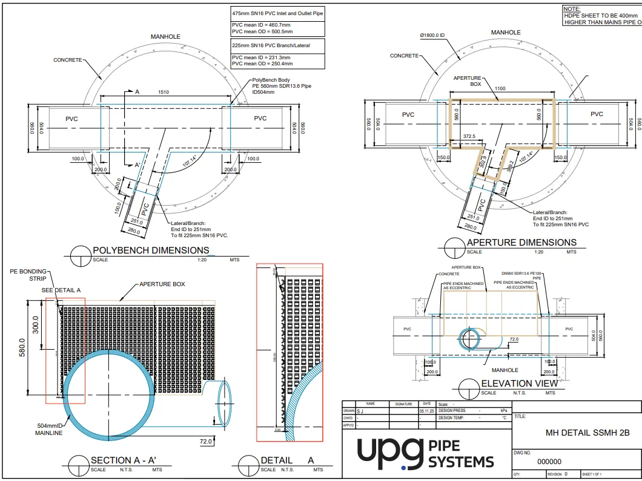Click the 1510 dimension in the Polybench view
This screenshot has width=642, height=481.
[x=164, y=92]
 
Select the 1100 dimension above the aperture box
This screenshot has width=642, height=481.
[x=499, y=88]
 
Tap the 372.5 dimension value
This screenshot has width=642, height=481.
[x=468, y=137]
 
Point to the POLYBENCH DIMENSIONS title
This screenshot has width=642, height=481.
[x=151, y=250]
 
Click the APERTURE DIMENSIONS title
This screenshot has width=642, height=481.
[x=521, y=243]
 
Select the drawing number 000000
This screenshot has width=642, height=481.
[x=549, y=462]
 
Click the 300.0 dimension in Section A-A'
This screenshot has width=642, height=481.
[x=35, y=326]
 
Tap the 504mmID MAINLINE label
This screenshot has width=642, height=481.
[x=48, y=430]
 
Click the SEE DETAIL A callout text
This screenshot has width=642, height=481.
[x=61, y=290]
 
